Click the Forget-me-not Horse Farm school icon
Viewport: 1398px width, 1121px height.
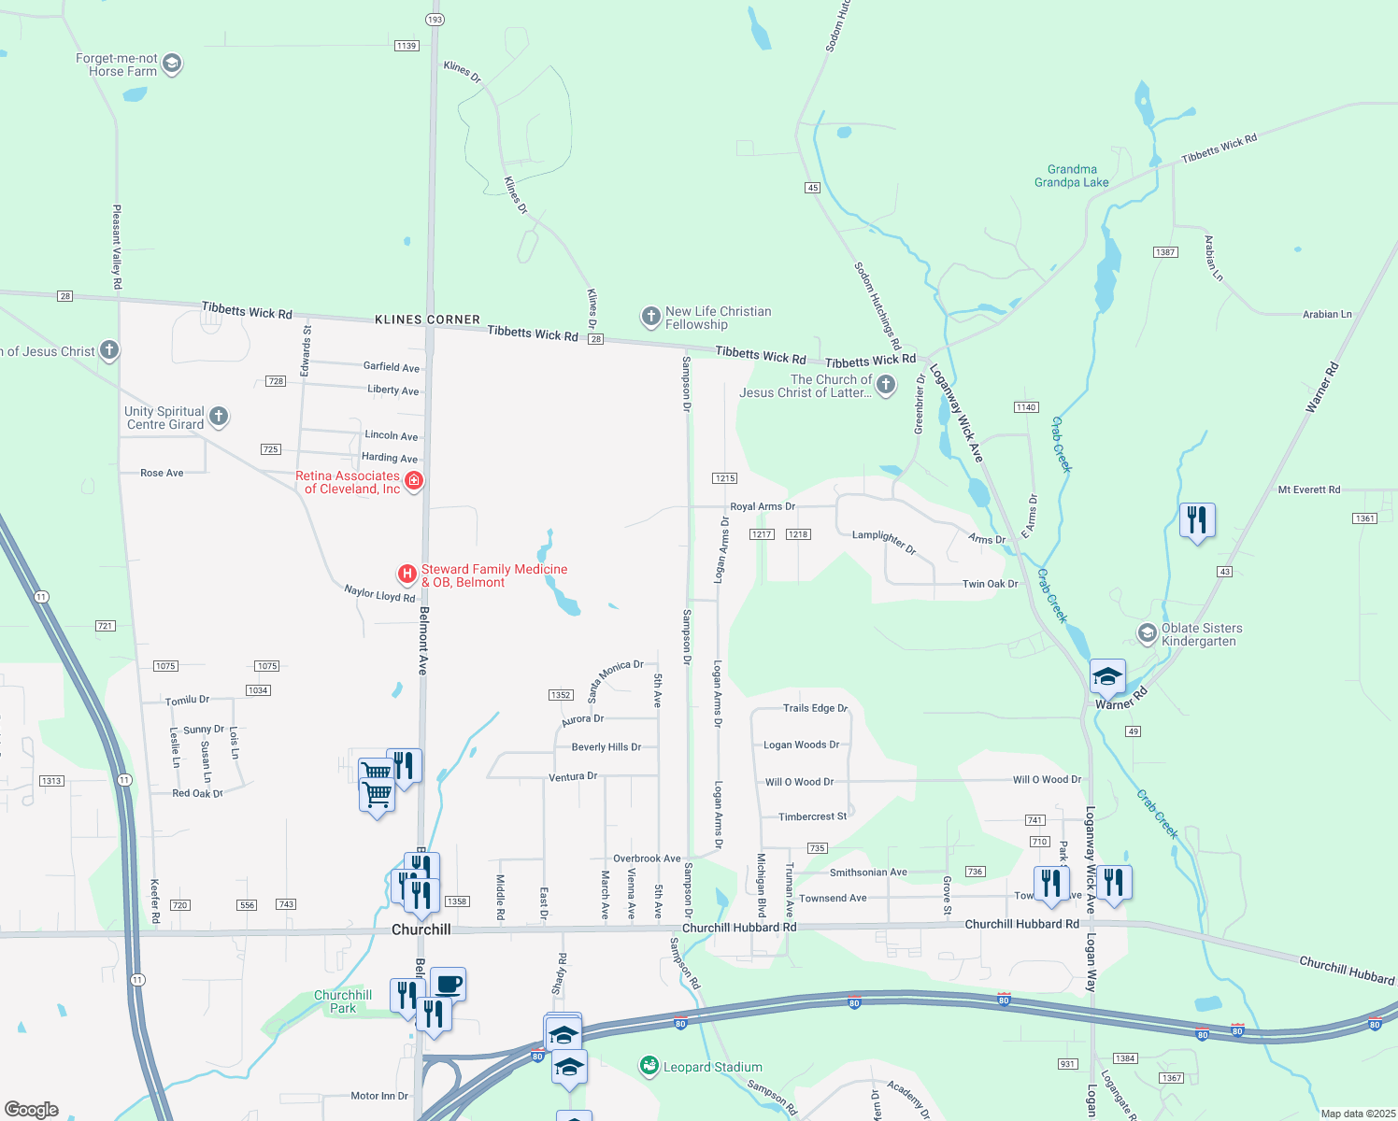click(x=171, y=64)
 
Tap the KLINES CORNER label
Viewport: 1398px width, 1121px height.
click(x=427, y=319)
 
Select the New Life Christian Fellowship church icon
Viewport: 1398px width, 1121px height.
click(x=650, y=317)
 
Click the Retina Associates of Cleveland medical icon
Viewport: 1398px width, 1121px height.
click(x=414, y=480)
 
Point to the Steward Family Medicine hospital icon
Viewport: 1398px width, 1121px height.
click(x=407, y=573)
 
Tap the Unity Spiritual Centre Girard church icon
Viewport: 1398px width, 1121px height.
click(x=219, y=417)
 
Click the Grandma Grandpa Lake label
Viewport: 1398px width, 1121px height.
click(x=1071, y=176)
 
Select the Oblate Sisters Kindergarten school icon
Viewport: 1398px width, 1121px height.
click(x=1147, y=633)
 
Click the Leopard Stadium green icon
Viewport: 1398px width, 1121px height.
click(x=649, y=1066)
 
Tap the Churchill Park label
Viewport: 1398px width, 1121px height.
click(x=343, y=1001)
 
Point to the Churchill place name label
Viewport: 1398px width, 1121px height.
click(x=421, y=929)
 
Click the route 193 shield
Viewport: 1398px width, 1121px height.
click(x=435, y=19)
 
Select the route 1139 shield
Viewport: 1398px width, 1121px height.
click(x=406, y=46)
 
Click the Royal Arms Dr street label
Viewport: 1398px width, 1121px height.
click(x=763, y=506)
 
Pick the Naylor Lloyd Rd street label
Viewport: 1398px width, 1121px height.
click(x=379, y=593)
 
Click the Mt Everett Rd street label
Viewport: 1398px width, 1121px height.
click(x=1308, y=490)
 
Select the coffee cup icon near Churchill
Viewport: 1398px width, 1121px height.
click(x=449, y=984)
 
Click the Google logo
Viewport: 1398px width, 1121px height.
click(x=31, y=1110)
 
